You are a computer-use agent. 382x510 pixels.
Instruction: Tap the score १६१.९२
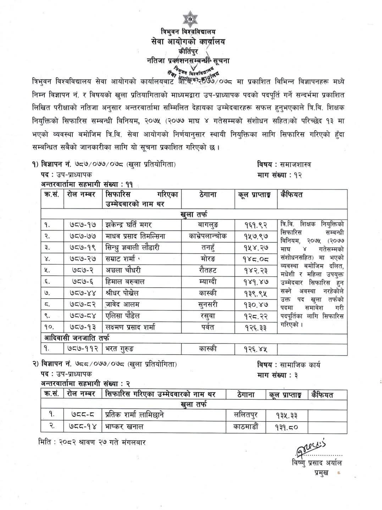coord(255,225)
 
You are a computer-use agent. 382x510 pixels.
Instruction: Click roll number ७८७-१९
coord(81,248)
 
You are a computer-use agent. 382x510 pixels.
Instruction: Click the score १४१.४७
coord(255,282)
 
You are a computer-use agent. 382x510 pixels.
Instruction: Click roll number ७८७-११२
coord(82,349)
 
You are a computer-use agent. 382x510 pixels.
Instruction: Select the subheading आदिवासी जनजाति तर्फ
coord(77,337)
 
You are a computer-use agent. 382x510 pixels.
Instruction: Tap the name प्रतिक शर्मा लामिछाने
coord(135,415)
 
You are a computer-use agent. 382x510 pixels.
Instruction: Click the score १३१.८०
coord(286,427)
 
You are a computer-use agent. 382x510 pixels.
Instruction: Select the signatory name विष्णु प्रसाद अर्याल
coord(316,463)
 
